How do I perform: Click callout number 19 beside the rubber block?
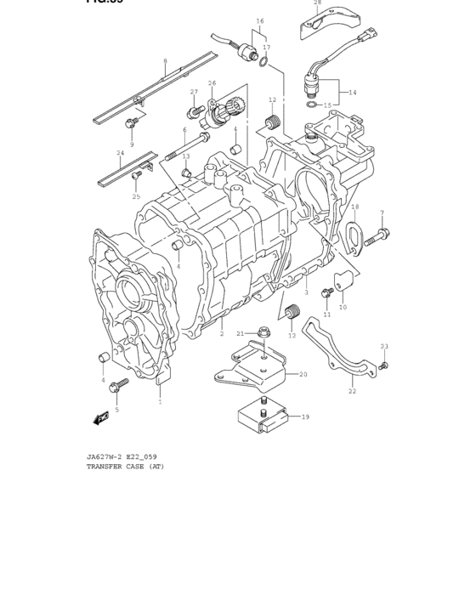(305, 416)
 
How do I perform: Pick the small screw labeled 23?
(383, 365)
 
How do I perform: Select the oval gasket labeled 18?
(354, 235)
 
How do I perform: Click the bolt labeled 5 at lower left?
(118, 385)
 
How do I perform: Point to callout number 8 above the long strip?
(165, 61)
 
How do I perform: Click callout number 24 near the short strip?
(120, 153)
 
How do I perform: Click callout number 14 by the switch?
(352, 92)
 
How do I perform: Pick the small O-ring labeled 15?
(314, 105)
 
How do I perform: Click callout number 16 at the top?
(260, 20)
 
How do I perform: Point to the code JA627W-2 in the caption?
(105, 456)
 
